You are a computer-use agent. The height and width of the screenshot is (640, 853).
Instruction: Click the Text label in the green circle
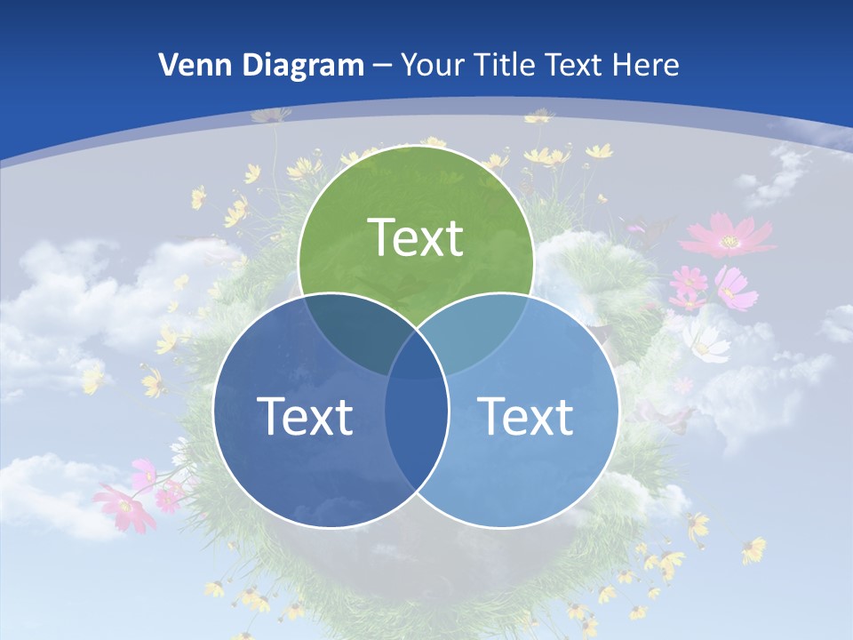pos(416,237)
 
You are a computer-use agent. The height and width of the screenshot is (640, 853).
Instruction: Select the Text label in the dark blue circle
pos(305,416)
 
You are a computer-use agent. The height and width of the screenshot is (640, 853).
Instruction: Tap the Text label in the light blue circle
pos(525,416)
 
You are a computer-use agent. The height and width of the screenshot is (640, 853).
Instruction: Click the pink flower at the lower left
pos(124,508)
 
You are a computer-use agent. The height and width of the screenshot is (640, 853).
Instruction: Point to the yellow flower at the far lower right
pos(753,549)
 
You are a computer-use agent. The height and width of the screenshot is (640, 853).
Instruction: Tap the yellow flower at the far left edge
pos(92,379)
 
